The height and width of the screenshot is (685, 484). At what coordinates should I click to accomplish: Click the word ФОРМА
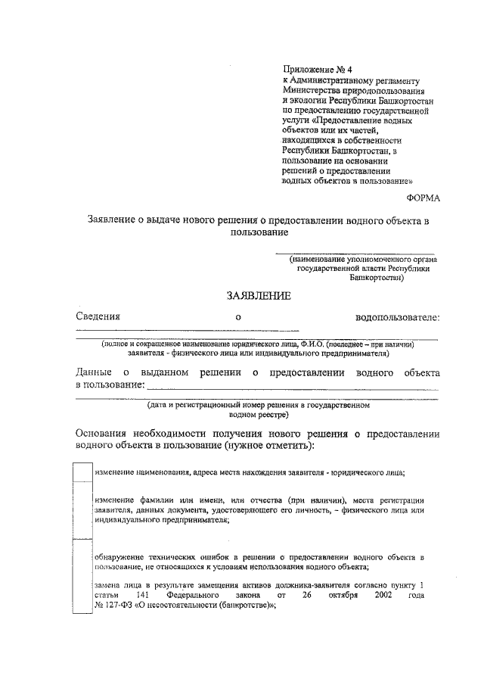coord(422,198)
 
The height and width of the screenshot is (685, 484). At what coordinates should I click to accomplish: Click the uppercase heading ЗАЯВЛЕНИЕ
coord(259,297)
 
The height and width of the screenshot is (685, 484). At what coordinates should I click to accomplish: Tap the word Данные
coord(95,373)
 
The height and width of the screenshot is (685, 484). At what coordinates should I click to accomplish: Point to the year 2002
coord(383,596)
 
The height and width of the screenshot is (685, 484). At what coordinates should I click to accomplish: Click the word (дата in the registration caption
coord(160,406)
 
